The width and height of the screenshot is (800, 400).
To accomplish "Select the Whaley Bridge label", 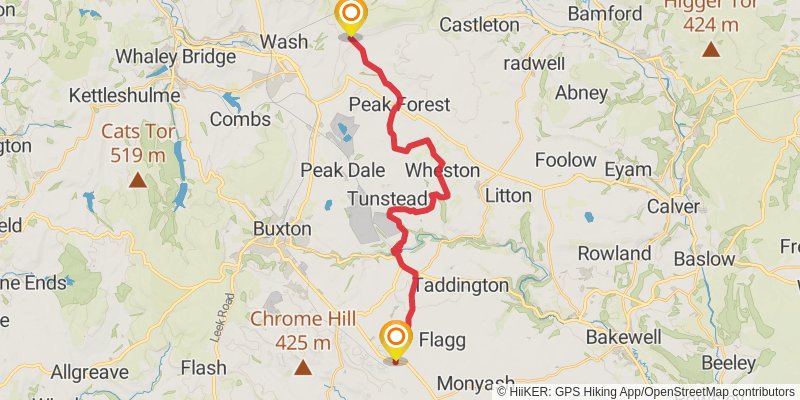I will click(x=175, y=57).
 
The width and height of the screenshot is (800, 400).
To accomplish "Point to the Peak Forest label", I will click(x=399, y=105).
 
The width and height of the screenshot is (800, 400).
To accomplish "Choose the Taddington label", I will click(x=461, y=285).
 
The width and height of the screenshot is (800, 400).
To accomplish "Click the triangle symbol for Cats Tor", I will click(x=136, y=180).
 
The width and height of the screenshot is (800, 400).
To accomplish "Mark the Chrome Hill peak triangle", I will click(x=303, y=368).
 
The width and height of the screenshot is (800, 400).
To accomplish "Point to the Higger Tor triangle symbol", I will click(x=710, y=49).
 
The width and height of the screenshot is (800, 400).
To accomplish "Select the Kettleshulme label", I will click(x=114, y=96).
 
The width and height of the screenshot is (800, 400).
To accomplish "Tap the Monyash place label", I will click(x=476, y=382).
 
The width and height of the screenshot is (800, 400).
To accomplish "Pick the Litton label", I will click(x=508, y=196).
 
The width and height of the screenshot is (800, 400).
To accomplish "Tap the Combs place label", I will click(x=240, y=119).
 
